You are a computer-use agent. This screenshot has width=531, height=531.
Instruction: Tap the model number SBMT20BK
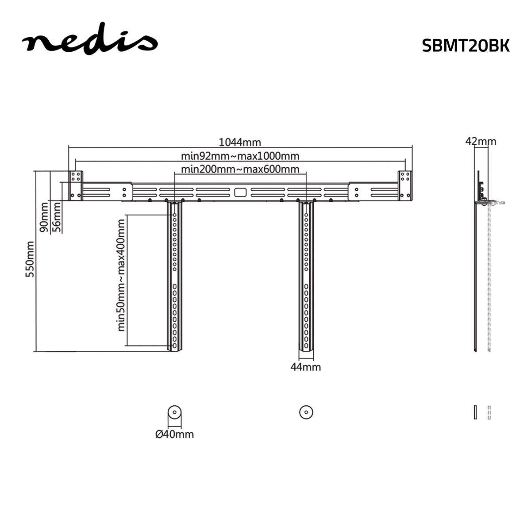coord(466,46)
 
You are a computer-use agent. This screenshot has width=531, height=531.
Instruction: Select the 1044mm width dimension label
coord(240,142)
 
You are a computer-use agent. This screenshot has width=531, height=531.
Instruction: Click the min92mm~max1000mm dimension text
coord(240,156)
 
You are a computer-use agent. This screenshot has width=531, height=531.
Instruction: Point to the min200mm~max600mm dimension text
coord(240,169)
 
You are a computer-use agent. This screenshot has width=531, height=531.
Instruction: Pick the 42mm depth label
coord(481,141)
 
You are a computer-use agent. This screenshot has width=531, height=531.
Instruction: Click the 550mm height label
coord(30,259)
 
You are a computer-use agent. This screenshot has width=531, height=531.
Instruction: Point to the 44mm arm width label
coord(305,367)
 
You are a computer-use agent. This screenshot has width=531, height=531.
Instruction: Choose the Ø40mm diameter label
coord(174,434)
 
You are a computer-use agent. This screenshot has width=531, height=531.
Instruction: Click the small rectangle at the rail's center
coord(240,192)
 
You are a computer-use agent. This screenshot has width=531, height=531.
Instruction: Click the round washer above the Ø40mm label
coord(174,412)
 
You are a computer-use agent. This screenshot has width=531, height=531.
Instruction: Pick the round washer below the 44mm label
coord(305,412)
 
